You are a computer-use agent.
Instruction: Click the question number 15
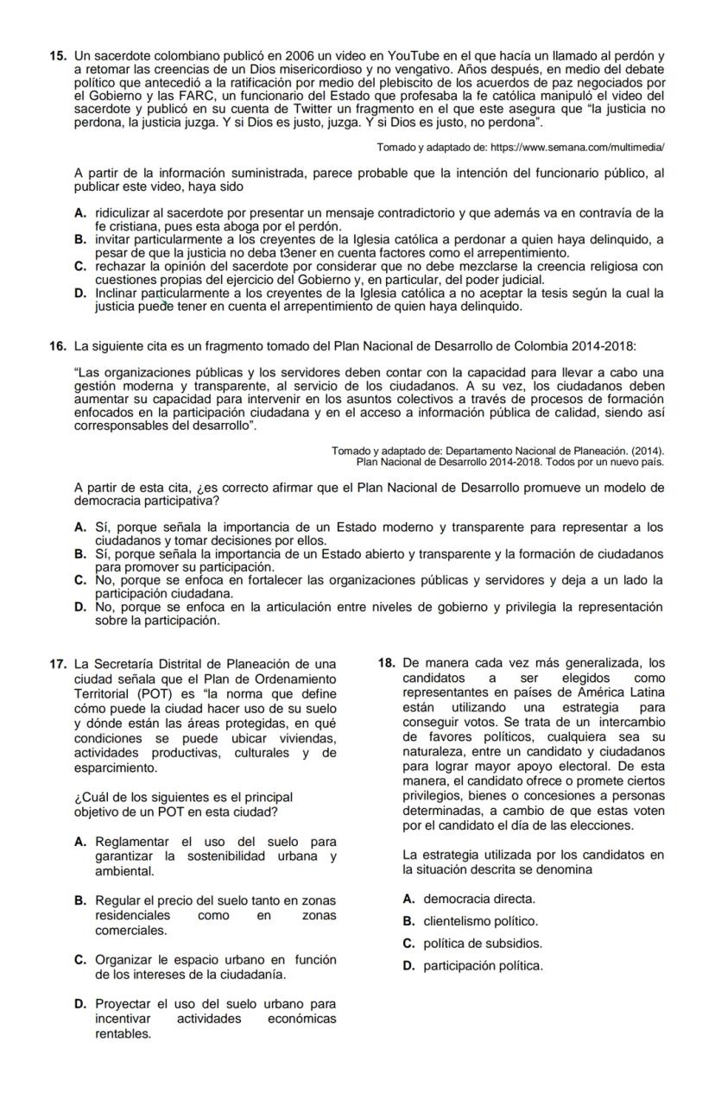coord(58,56)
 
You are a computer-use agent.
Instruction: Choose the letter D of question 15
coord(80,293)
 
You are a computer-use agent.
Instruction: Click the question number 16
coord(58,346)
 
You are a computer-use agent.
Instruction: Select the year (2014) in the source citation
coord(634,451)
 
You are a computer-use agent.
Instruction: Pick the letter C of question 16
coord(80,580)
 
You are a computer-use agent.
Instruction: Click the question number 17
coord(58,664)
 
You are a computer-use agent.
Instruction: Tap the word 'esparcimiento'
coord(116,767)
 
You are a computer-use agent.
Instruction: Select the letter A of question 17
coord(80,842)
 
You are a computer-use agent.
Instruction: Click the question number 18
coord(387,664)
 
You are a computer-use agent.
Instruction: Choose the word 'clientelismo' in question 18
coord(459,921)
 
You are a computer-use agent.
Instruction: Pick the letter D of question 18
coord(408,966)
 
